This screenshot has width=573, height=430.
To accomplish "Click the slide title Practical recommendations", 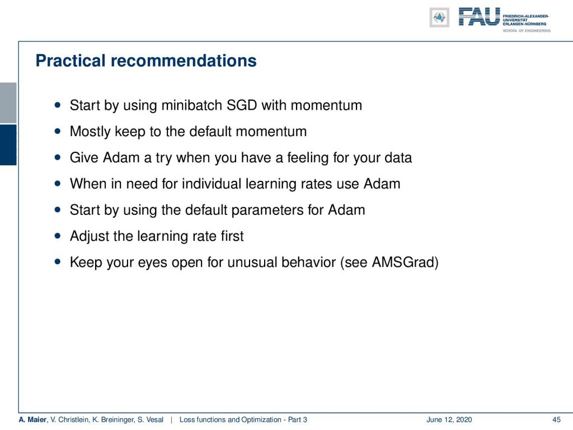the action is click(x=146, y=60).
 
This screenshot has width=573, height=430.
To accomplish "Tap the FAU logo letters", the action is click(x=479, y=17).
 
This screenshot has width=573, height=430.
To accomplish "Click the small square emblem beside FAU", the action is click(x=439, y=17).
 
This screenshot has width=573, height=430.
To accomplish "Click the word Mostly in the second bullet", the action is click(x=90, y=132).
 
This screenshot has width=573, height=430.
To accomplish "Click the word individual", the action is click(x=211, y=184).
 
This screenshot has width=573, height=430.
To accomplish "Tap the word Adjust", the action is click(x=90, y=236).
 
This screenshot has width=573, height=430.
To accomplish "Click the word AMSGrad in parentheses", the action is click(x=403, y=263).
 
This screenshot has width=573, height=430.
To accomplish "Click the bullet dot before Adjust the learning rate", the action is click(x=58, y=236).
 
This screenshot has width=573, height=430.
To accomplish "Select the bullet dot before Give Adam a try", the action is click(x=58, y=157).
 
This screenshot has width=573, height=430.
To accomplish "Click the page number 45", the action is click(x=556, y=420).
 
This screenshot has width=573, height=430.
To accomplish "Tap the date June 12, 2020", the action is click(x=449, y=420).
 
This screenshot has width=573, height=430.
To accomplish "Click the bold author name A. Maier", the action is click(x=32, y=420).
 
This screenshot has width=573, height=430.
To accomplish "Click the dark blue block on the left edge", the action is click(x=8, y=145).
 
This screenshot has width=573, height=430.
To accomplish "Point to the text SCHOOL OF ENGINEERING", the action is click(x=527, y=31).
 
